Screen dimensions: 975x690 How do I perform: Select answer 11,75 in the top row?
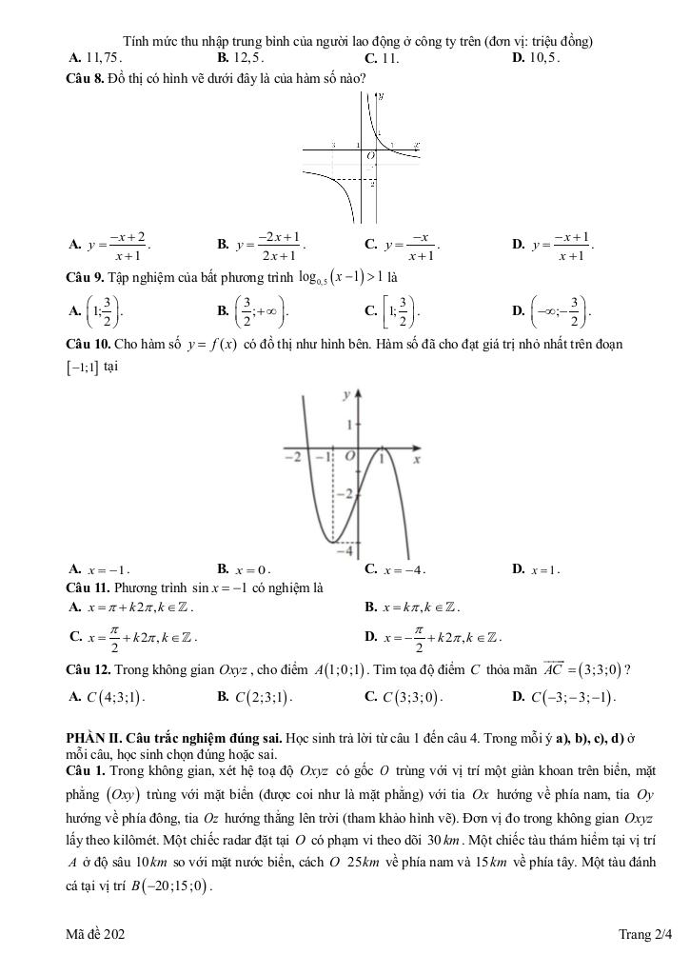click(100, 57)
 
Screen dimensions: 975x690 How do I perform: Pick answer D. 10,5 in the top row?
click(537, 57)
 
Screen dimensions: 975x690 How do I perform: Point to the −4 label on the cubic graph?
click(348, 550)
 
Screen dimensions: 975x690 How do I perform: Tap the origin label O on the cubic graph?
click(349, 458)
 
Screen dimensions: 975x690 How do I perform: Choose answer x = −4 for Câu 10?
click(402, 570)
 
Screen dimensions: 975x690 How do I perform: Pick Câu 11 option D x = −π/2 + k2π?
click(440, 636)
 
